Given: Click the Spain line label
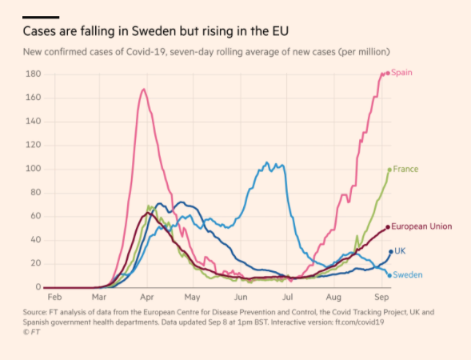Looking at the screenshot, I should click(x=402, y=73).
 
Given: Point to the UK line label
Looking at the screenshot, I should click(x=400, y=251).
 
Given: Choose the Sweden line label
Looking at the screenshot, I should click(x=407, y=275).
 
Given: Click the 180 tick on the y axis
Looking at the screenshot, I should click(x=33, y=74).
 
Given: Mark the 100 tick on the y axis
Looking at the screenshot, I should click(x=33, y=169).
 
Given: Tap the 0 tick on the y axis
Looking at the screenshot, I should click(x=38, y=287).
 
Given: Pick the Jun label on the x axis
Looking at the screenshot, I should click(x=241, y=296).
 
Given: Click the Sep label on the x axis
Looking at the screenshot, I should click(x=382, y=296).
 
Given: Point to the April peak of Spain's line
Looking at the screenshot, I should click(x=143, y=89).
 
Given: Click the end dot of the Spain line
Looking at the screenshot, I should click(x=388, y=74).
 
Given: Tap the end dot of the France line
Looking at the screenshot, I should click(x=389, y=170).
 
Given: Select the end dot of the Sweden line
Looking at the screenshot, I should click(x=389, y=275).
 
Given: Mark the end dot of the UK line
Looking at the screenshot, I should click(x=390, y=251).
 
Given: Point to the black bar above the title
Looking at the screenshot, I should click(x=41, y=17).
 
